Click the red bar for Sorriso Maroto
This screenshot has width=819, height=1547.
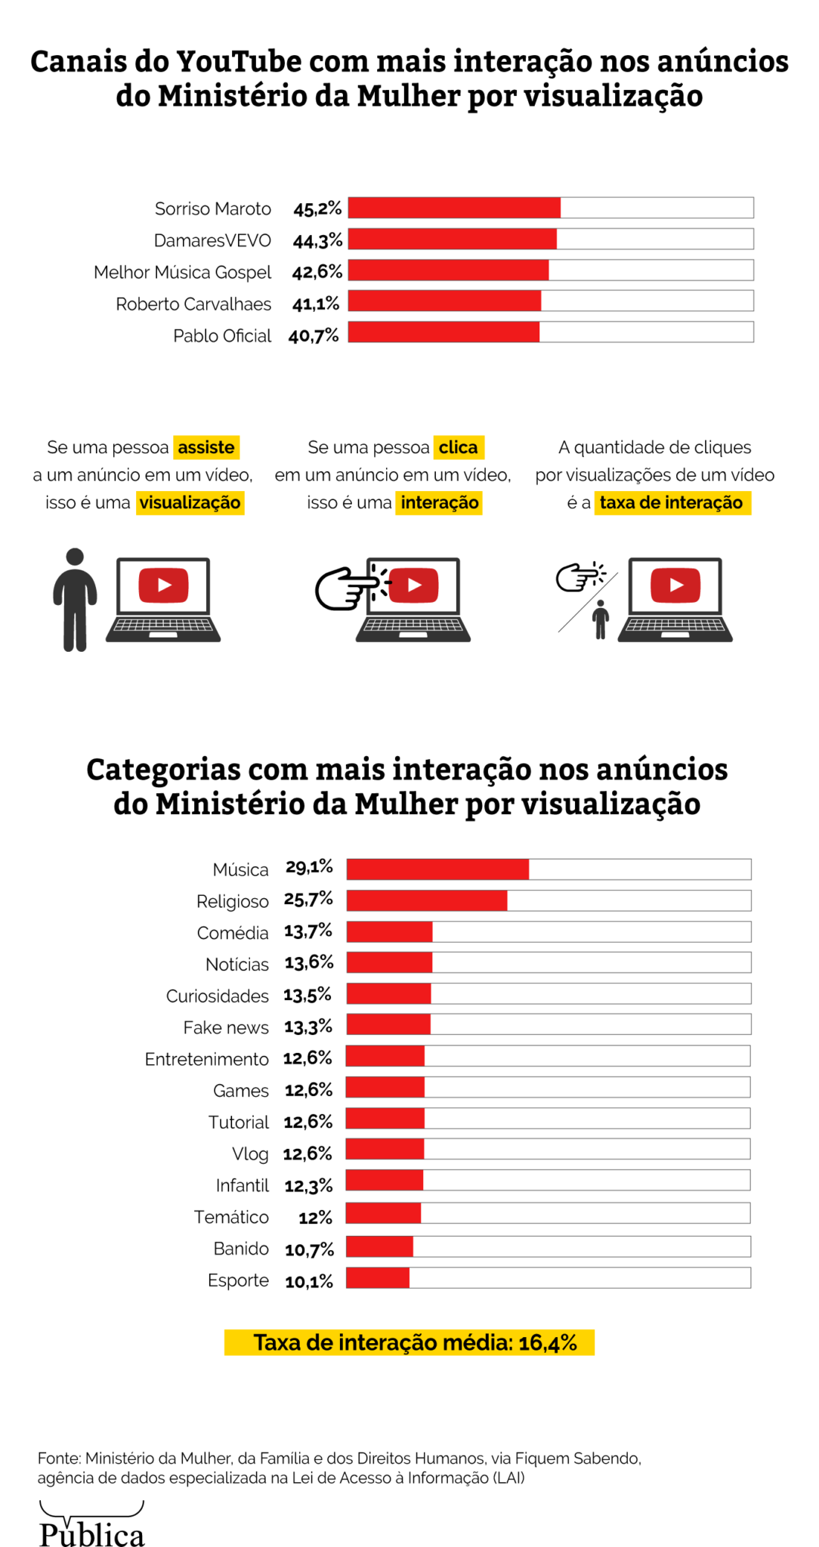point(454,208)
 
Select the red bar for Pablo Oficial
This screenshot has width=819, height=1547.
point(443,332)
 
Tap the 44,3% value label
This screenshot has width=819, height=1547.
point(317,241)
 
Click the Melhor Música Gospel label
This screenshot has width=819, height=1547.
point(182,272)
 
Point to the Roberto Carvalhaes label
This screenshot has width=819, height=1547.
point(193,304)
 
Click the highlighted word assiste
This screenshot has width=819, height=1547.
point(206,447)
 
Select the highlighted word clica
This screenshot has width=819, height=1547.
point(458,447)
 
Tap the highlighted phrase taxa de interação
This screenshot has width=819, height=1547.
point(672,502)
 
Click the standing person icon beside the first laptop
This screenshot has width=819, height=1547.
point(75,600)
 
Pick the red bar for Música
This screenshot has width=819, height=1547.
point(437,869)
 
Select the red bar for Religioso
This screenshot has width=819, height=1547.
point(427,900)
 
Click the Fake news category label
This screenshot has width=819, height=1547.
point(226,1027)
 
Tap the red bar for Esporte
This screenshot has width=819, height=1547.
point(378,1278)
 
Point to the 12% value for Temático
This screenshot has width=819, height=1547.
point(315,1218)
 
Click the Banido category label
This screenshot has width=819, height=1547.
point(241,1249)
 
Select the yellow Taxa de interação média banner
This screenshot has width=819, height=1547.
point(409,1342)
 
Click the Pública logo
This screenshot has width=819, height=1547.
point(91,1526)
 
